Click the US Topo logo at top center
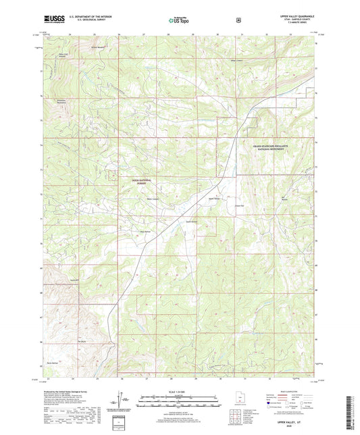pyautogui.click(x=178, y=21)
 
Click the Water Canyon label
pyautogui.click(x=153, y=199)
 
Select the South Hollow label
pyautogui.click(x=191, y=221)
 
